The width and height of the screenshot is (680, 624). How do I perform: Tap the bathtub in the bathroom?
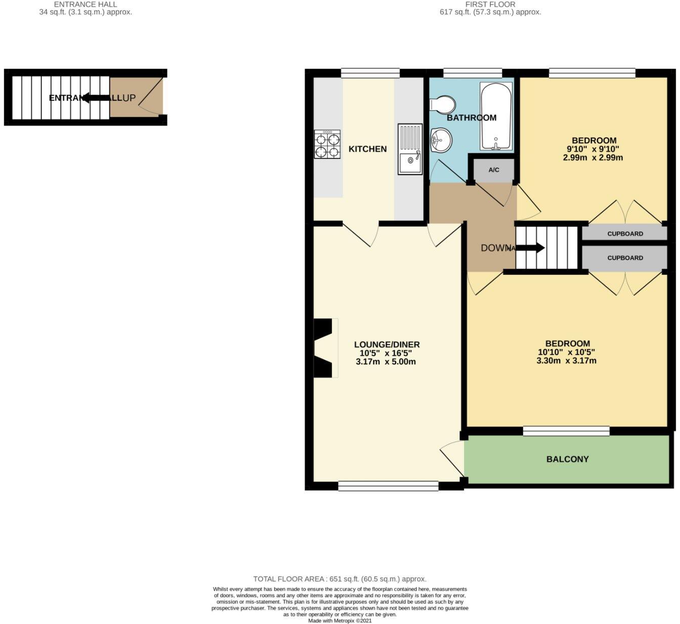pyautogui.click(x=496, y=116)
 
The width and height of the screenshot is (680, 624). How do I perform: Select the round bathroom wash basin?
pyautogui.click(x=441, y=139)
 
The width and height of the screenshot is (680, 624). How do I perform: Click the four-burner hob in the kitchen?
pyautogui.click(x=327, y=145)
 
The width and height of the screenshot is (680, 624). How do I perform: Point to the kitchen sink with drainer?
pyautogui.click(x=410, y=149)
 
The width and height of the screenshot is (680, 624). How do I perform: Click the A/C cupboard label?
pyautogui.click(x=494, y=170)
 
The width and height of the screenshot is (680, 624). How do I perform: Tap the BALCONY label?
pyautogui.click(x=567, y=460)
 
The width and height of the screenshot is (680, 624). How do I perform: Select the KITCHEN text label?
pyautogui.click(x=368, y=149)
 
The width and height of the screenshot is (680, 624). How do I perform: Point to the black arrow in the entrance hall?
pyautogui.click(x=96, y=98)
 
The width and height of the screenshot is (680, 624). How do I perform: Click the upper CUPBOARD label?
pyautogui.click(x=625, y=234)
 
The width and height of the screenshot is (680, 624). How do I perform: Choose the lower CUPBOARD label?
pyautogui.click(x=625, y=258)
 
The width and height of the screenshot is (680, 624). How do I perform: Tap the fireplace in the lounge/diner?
pyautogui.click(x=325, y=348)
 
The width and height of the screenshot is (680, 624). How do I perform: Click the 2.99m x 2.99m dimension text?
pyautogui.click(x=592, y=158)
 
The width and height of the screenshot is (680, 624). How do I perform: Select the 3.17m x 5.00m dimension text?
pyautogui.click(x=386, y=362)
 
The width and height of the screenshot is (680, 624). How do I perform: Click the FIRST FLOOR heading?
pyautogui.click(x=490, y=4)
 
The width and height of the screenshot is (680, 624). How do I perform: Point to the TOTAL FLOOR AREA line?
pyautogui.click(x=339, y=579)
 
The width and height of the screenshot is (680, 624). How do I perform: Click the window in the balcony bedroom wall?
pyautogui.click(x=566, y=431)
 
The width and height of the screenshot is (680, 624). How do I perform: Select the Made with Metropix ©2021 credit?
pyautogui.click(x=339, y=620)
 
